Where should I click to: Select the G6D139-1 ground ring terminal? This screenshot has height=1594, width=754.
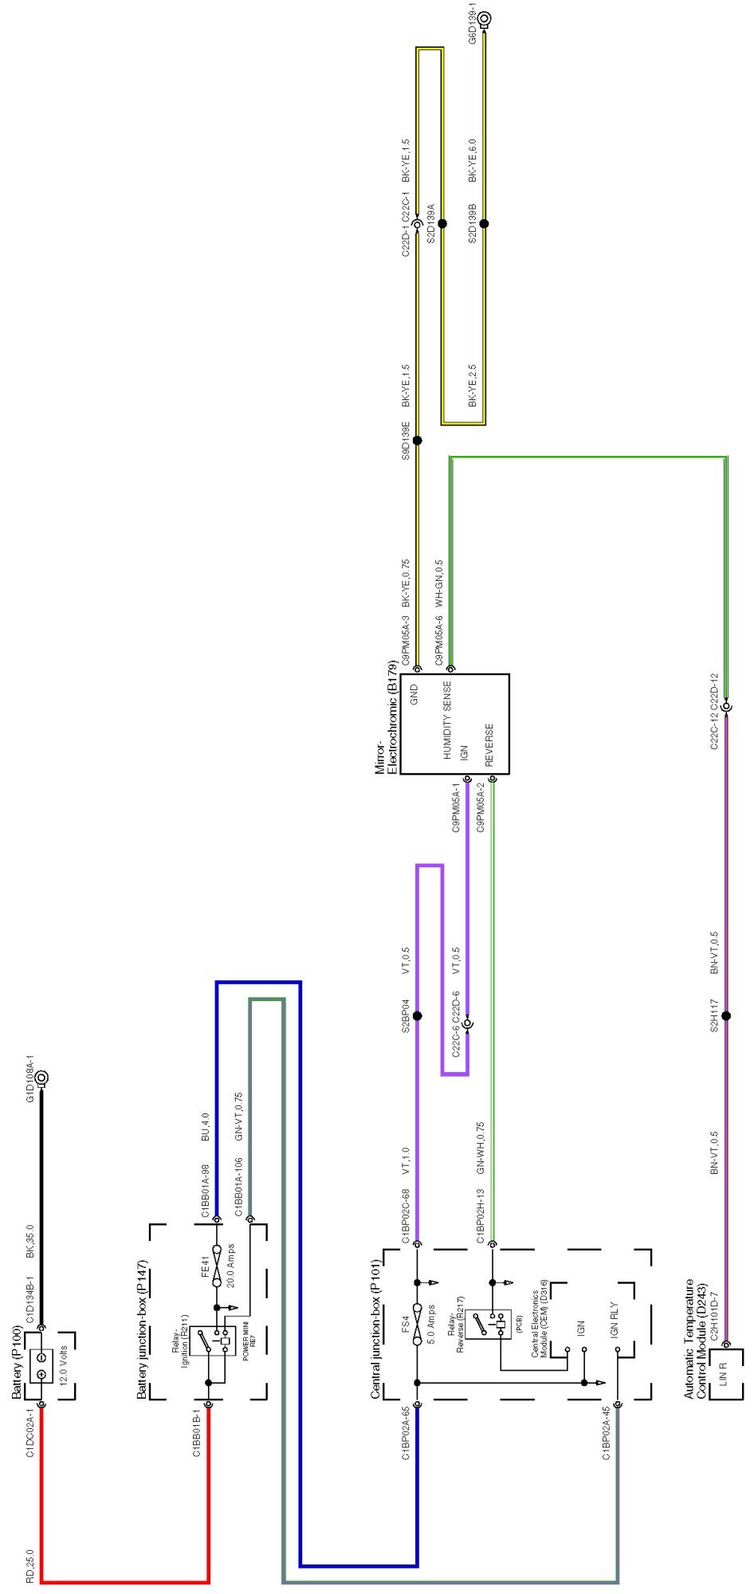click(484, 18)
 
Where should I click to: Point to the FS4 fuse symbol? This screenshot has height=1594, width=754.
click(417, 1329)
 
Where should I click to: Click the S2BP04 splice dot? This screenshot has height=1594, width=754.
click(417, 1016)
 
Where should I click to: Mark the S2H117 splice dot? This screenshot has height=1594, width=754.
click(726, 1016)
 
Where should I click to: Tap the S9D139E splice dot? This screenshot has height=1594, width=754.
click(417, 440)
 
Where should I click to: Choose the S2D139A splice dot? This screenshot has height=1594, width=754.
click(442, 224)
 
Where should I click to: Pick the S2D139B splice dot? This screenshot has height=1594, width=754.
click(484, 224)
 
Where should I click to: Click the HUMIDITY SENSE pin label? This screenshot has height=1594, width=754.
click(448, 718)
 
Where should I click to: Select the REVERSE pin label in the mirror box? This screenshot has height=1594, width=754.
click(489, 744)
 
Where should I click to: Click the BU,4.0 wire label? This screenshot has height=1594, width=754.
click(206, 1126)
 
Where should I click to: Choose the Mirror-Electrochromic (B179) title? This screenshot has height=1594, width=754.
click(386, 717)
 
